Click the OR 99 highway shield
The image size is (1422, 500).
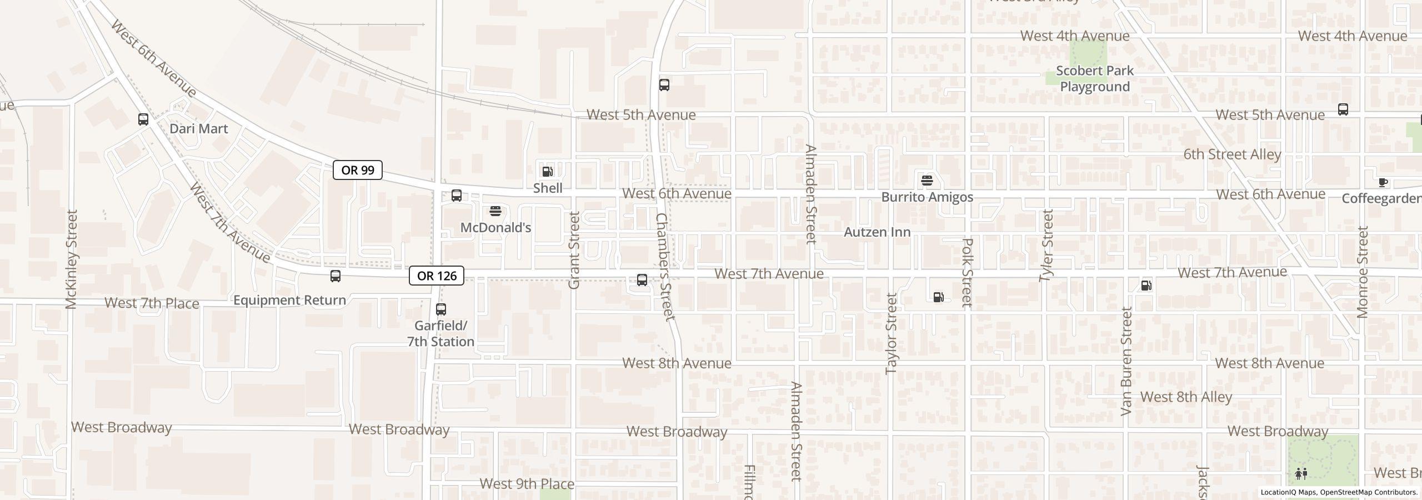[x=357, y=170]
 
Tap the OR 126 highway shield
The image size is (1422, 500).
[x=436, y=276]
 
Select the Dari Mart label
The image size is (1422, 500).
[x=198, y=129]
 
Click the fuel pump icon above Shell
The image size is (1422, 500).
[x=547, y=171]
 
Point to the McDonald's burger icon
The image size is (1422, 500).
[x=495, y=211]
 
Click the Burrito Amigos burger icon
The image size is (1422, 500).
[x=927, y=181]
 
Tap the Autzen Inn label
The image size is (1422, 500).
[x=877, y=232]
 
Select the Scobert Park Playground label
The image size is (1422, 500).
[x=1094, y=79]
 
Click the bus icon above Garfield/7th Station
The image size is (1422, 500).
[x=440, y=309]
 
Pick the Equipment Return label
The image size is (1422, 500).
[x=289, y=301]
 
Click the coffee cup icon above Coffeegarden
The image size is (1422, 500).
[x=1383, y=182]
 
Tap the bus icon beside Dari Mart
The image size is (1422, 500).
[x=143, y=119]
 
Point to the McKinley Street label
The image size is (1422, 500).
[x=72, y=259]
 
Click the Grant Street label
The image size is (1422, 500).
[x=574, y=250]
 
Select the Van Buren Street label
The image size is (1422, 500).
[x=1126, y=361]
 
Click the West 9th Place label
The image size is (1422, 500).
[x=527, y=484]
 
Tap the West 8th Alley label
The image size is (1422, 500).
[x=1186, y=397]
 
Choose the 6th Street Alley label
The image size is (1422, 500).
[x=1231, y=154]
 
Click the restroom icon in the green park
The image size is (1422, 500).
[x=1301, y=474]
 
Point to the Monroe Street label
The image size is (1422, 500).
[x=1362, y=272]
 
